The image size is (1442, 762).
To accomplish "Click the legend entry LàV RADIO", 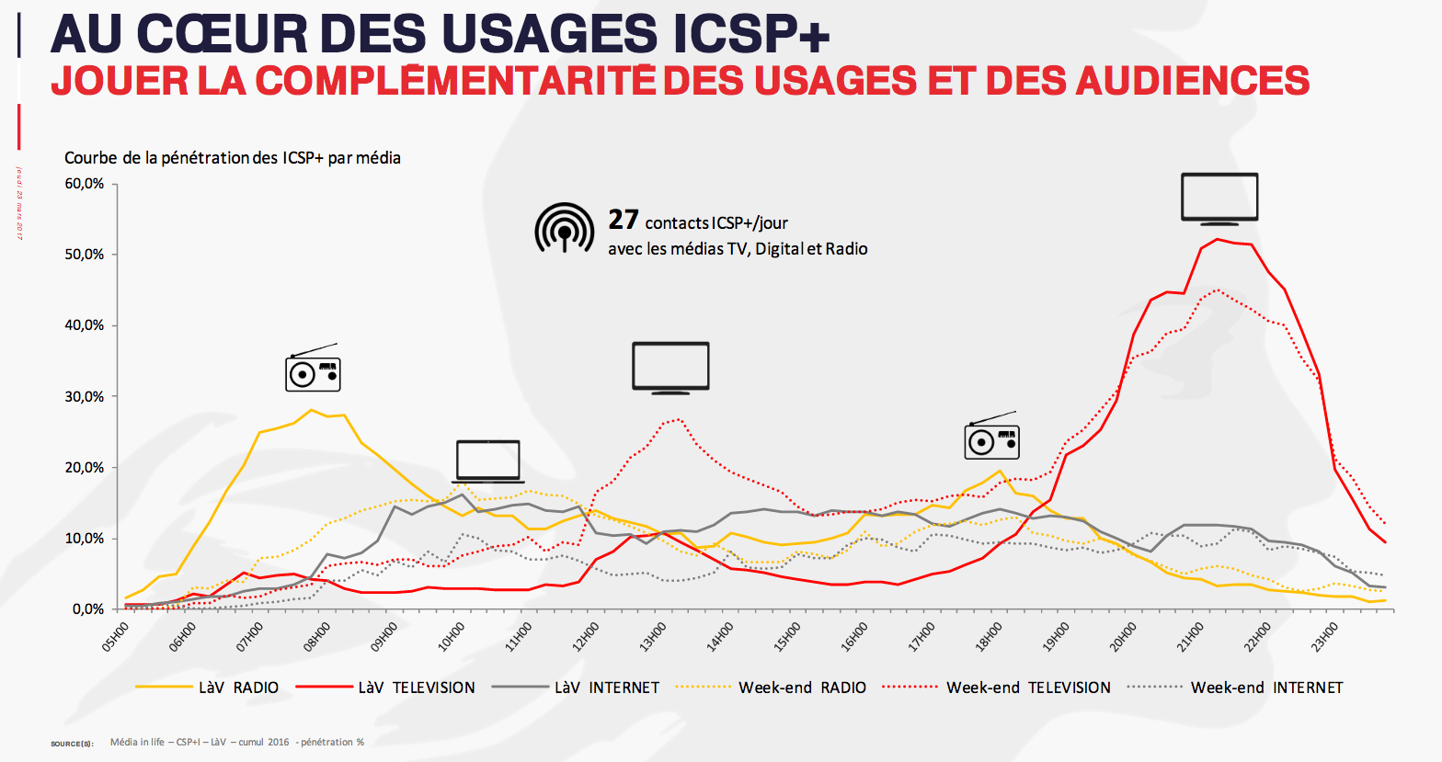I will coord(238,688).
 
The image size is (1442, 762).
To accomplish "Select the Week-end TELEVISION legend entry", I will coord(1027,688).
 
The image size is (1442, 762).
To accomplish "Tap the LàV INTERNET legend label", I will coord(606,688).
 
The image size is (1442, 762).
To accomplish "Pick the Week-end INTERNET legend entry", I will coord(1266,688).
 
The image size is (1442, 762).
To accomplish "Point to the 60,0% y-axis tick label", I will coord(85,184).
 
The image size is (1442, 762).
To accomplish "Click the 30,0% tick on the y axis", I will coord(85,397).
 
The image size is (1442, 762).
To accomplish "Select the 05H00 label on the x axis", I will coord(116,636).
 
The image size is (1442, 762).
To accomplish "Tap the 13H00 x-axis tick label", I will coord(653,636).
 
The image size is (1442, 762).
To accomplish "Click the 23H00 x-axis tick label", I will coord(1325,636).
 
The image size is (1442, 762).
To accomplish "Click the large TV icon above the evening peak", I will coord(1219,198).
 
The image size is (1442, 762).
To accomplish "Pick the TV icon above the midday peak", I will coord(670,368).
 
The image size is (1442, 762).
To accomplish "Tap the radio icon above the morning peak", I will coord(313,370).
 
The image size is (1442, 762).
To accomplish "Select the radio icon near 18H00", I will coord(991,437).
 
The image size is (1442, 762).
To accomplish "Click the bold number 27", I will coord(624,220).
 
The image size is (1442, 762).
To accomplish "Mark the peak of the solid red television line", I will coord(1218,239).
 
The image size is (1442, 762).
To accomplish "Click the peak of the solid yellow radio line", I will coord(311,410).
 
